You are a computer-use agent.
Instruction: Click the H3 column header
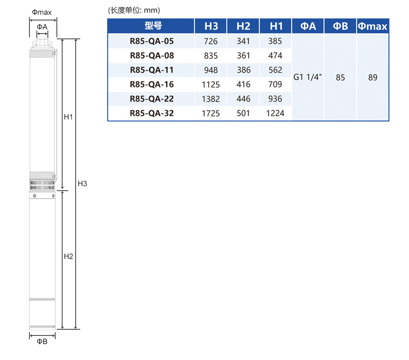coord(211,26)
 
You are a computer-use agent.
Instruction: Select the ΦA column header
coord(308,26)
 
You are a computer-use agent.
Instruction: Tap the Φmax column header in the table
coord(373,26)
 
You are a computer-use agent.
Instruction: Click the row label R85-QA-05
coord(152,41)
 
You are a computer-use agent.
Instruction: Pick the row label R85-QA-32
coord(152,113)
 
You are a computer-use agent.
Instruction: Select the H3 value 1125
coord(211,85)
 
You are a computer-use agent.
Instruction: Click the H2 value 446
coord(243,99)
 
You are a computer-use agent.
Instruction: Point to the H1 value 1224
coord(275,113)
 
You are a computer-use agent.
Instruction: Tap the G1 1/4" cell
coord(308,77)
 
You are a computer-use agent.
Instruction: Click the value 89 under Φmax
coord(373,77)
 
